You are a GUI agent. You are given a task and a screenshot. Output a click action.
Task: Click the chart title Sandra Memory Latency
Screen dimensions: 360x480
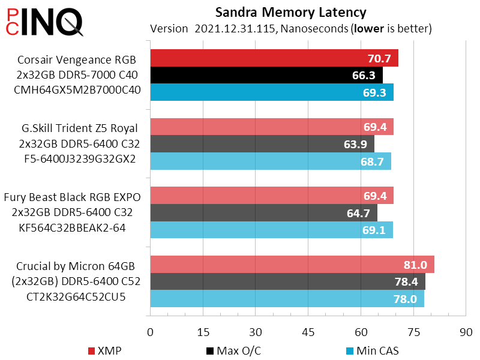click(290, 12)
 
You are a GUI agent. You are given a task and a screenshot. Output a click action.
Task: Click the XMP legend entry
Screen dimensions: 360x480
click(109, 350)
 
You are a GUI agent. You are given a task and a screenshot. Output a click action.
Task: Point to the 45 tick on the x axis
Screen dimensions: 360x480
click(308, 332)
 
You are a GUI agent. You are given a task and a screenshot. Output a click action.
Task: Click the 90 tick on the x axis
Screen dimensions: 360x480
click(466, 332)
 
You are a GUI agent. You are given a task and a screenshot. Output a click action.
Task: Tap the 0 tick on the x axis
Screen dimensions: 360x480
click(151, 332)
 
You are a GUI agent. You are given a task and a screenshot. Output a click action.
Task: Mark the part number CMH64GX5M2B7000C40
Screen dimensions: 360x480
click(79, 91)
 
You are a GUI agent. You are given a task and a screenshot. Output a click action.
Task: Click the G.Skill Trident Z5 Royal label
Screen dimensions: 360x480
click(79, 127)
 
